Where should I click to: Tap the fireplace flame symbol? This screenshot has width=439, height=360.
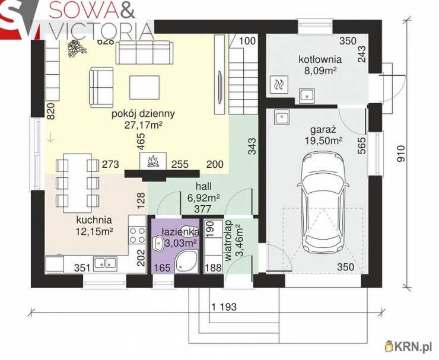pos(153,161)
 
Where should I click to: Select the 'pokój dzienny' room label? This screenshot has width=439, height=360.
pos(144,114)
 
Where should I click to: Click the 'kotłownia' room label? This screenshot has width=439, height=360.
pos(320,59)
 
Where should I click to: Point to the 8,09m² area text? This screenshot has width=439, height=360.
pos(320,71)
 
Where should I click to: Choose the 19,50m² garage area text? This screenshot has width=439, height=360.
pos(324,141)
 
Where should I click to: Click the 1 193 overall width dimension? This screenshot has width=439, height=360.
pos(224,307)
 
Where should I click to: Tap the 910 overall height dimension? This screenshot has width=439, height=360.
pos(400,154)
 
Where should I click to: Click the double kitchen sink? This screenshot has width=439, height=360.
pos(105,263)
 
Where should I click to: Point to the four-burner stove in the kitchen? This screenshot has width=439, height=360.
pos(137,235)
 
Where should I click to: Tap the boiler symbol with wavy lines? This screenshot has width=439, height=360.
pos(279,84)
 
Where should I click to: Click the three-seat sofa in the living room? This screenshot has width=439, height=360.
pos(144,53)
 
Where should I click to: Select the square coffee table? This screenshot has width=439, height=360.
pos(145,87)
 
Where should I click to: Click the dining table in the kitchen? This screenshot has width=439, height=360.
pos(77,183)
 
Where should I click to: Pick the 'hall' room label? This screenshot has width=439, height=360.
pos(203,186)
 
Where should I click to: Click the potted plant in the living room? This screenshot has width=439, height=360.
pos(77,48)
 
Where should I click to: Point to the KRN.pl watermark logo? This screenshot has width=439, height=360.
pos(409,347)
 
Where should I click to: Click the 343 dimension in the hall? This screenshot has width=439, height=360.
pos(252,146)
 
